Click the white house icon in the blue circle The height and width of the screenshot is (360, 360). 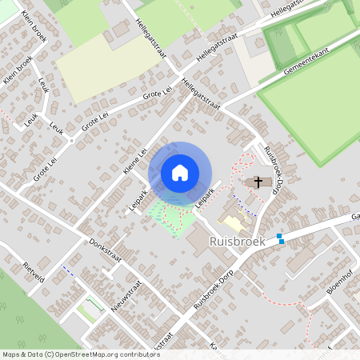(180, 172)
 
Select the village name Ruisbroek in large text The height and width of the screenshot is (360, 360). (237, 241)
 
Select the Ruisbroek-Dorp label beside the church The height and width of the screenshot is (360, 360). (276, 163)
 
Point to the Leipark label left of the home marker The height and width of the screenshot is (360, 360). (139, 198)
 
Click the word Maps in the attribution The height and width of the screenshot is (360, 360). (10, 354)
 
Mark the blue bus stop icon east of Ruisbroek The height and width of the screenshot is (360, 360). (280, 238)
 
